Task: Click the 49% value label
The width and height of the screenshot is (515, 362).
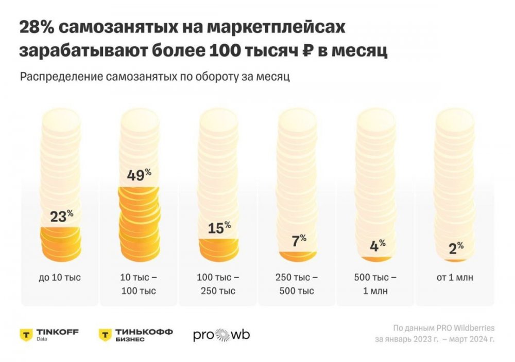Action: pos(139,175)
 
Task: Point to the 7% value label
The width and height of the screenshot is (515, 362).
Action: pos(299,241)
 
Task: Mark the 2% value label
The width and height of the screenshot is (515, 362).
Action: pos(456,248)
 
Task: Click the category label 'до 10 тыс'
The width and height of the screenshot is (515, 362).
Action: pos(60,278)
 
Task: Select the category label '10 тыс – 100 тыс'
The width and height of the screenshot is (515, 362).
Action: pos(139,284)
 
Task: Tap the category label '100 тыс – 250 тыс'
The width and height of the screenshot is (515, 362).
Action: pos(218,284)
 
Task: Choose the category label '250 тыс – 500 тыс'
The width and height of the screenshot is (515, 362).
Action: pos(297,284)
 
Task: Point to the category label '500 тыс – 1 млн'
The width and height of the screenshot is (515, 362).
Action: pos(375,284)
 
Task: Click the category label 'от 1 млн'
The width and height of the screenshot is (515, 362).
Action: pos(455,278)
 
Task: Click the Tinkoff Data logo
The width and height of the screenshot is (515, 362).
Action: pos(49,335)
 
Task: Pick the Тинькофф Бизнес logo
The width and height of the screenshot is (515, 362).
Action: pos(136,335)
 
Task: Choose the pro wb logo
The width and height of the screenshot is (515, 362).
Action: pos(221,335)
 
